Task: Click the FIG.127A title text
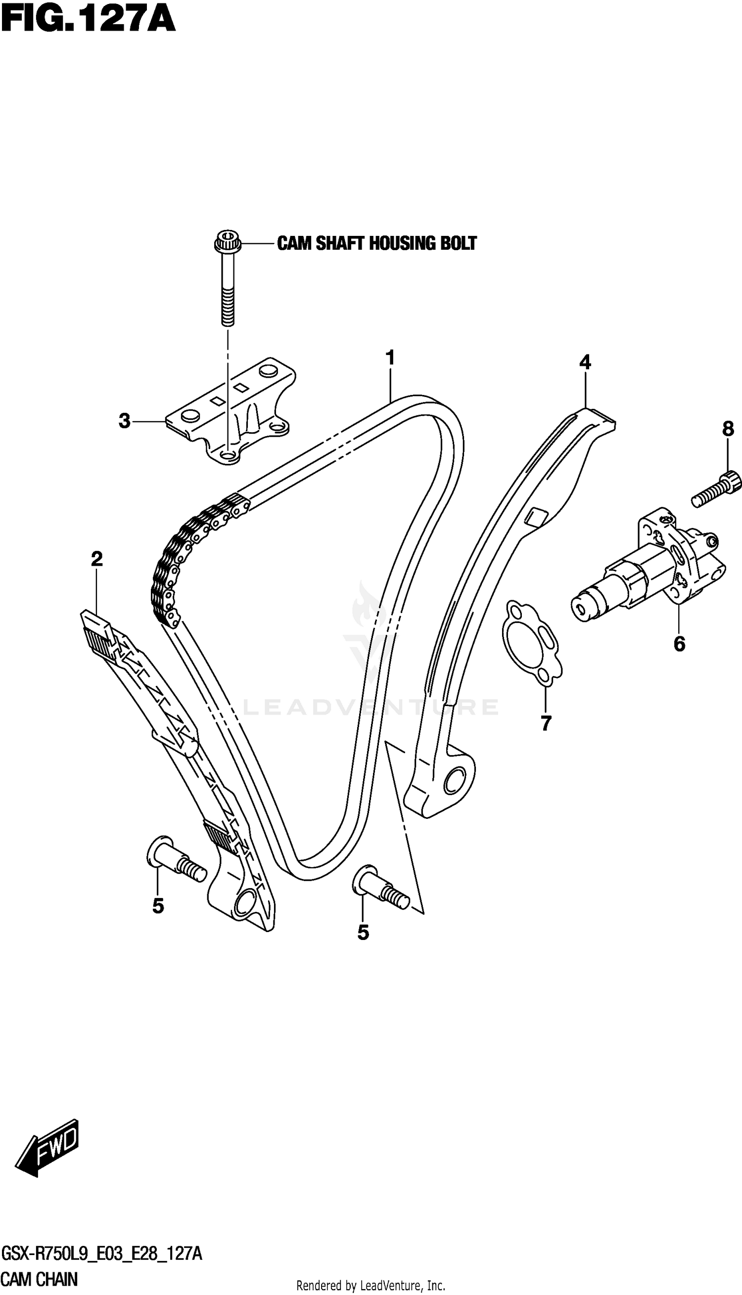(x=88, y=20)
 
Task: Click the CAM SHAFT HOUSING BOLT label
(x=376, y=243)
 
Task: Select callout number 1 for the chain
(x=390, y=358)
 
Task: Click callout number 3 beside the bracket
(x=125, y=421)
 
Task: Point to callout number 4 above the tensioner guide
(x=585, y=362)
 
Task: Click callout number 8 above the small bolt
(x=728, y=429)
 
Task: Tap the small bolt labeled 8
(x=715, y=490)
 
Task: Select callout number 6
(x=679, y=644)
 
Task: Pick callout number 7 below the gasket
(x=546, y=722)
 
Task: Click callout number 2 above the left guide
(x=97, y=559)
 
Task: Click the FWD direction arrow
(x=51, y=1138)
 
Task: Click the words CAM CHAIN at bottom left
(x=39, y=1279)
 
